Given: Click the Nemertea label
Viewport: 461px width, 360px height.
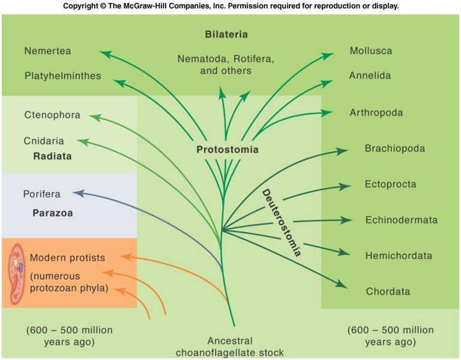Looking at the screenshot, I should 48,51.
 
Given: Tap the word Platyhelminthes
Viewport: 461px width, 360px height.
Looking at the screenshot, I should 63,76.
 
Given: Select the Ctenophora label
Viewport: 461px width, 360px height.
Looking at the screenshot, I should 52,115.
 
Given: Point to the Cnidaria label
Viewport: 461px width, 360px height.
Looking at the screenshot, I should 44,141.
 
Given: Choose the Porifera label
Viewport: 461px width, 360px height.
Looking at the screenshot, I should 42,194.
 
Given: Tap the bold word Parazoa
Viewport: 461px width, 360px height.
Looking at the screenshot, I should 51,213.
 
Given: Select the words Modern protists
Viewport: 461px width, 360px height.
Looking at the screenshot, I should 67,258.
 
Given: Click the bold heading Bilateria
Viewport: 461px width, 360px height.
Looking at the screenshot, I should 226,34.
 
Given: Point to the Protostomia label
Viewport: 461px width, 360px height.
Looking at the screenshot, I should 227,149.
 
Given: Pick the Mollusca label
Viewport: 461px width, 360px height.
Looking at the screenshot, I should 372,51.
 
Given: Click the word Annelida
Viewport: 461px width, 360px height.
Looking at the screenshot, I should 370,76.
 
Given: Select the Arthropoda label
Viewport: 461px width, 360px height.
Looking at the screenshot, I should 376,113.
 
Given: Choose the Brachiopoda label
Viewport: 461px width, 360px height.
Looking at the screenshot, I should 394,148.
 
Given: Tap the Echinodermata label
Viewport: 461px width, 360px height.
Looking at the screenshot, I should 401,220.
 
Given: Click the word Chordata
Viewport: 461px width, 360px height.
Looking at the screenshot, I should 388,291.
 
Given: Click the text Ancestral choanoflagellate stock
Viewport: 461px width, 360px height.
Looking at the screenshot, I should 230,347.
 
